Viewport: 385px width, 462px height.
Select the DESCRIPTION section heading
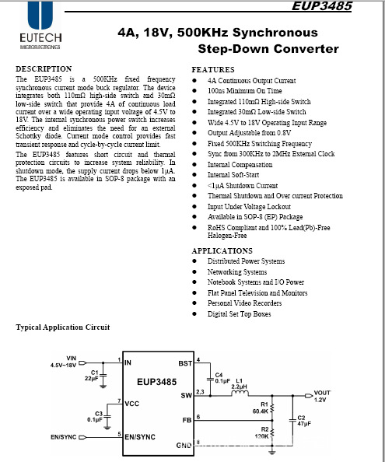click(44, 69)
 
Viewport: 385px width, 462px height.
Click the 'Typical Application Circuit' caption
click(63, 327)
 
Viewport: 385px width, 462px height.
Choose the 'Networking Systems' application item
click(237, 272)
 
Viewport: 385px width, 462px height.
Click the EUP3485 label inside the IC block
click(157, 383)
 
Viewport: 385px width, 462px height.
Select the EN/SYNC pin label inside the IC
click(140, 437)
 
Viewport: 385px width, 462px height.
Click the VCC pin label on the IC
click(132, 404)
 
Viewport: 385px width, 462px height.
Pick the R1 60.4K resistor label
click(260, 408)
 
